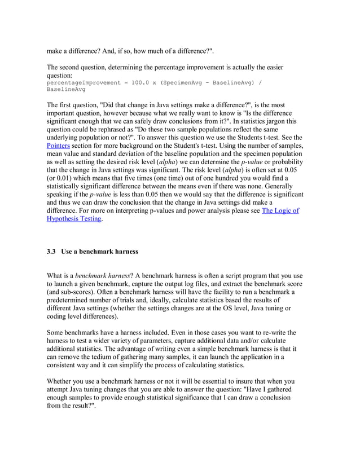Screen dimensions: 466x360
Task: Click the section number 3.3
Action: (x=52, y=252)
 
